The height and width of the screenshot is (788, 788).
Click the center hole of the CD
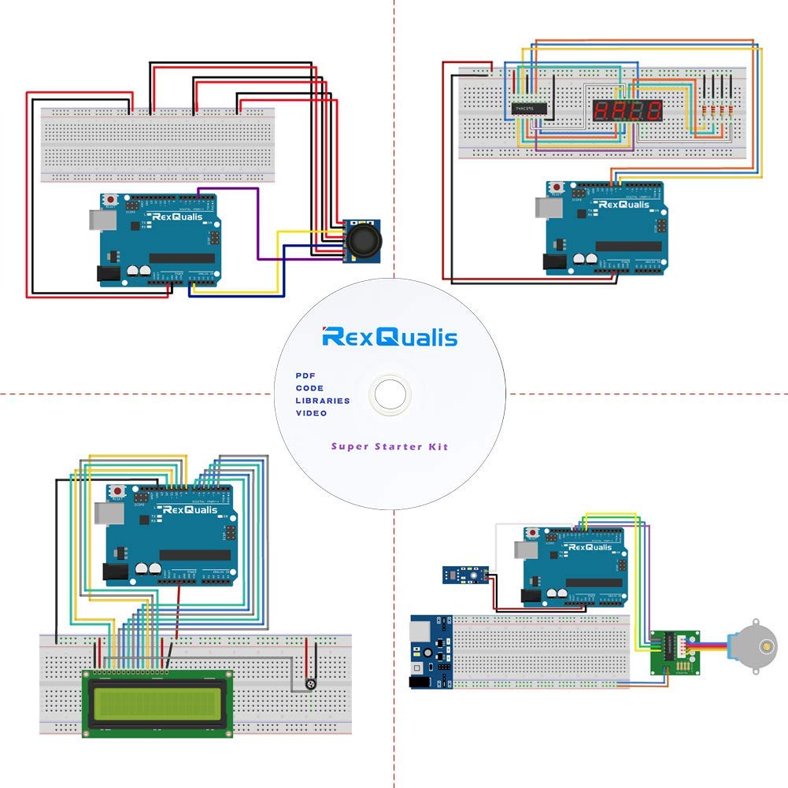(389, 391)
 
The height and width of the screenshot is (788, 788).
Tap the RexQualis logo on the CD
(390, 337)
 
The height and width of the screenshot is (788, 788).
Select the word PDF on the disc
(305, 376)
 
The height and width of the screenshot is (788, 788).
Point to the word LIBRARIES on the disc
(323, 401)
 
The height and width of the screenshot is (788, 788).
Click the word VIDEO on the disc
(311, 413)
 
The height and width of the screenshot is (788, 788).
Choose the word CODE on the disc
(309, 388)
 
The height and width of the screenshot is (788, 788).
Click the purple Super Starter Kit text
(389, 446)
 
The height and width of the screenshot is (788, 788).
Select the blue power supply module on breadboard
(430, 653)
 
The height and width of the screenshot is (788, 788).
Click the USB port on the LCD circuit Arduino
(106, 514)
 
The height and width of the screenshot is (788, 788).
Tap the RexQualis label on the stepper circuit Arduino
(589, 546)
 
